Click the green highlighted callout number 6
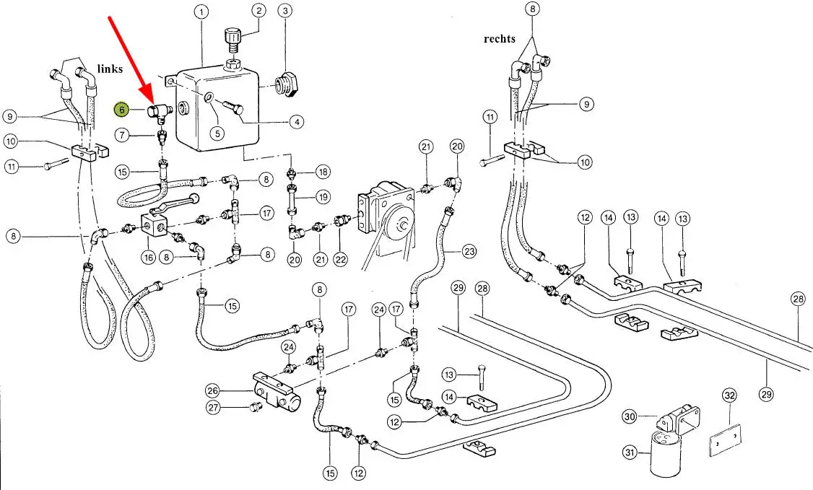pos(123,110)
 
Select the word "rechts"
pos(500,38)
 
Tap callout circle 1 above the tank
pos(201,12)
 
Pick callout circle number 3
pos(287,11)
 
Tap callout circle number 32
pos(729,395)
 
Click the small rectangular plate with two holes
pos(724,441)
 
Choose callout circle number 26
pos(212,391)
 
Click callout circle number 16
pos(149,255)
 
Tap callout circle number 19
pos(323,196)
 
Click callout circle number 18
pos(323,172)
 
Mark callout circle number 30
pos(630,416)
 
